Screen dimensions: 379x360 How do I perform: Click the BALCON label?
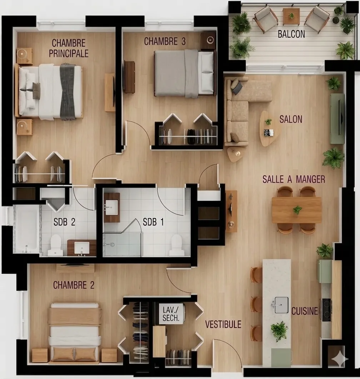pyautogui.click(x=291, y=34)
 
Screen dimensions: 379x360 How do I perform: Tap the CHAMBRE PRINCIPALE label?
pyautogui.click(x=69, y=48)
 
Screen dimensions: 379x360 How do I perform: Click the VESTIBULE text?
pyautogui.click(x=223, y=324)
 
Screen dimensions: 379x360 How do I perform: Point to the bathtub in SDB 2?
pyautogui.click(x=26, y=229)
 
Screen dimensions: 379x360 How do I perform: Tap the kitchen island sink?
pyautogui.click(x=281, y=305)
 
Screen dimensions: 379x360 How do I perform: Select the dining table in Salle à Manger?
pyautogui.click(x=296, y=210)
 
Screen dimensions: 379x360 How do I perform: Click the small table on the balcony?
pyautogui.click(x=291, y=16)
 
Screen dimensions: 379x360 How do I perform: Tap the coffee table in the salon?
pyautogui.click(x=269, y=128)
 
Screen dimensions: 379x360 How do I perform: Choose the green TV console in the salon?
pyautogui.click(x=337, y=119)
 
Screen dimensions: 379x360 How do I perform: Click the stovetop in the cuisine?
pyautogui.click(x=326, y=309)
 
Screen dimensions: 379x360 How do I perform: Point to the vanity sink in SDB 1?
pyautogui.click(x=111, y=208)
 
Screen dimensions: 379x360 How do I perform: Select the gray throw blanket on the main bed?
pyautogui.click(x=67, y=91)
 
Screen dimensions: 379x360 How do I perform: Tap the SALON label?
pyautogui.click(x=291, y=119)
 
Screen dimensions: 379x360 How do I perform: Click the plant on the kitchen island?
pyautogui.click(x=279, y=330)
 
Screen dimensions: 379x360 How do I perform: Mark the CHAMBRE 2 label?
pyautogui.click(x=74, y=285)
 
